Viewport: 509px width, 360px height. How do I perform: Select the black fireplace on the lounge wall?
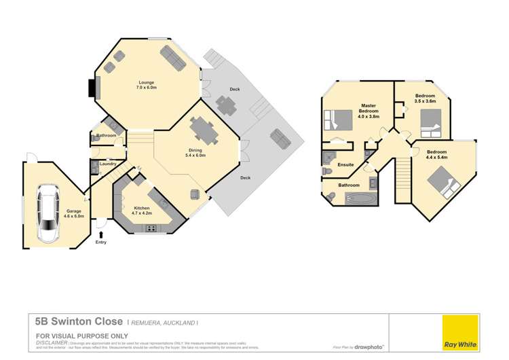pyautogui.click(x=92, y=88)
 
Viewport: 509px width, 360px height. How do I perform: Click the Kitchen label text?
pyautogui.click(x=141, y=207)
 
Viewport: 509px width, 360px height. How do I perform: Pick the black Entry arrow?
pyautogui.click(x=101, y=234)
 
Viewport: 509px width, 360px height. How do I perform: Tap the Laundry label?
pyautogui.click(x=107, y=164)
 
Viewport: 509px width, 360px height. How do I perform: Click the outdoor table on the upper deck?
pyautogui.click(x=226, y=105)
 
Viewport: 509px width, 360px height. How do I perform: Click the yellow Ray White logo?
pyautogui.click(x=460, y=332)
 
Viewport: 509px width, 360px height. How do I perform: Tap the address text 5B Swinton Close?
pyautogui.click(x=79, y=321)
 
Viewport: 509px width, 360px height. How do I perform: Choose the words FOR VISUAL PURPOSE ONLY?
pyautogui.click(x=72, y=336)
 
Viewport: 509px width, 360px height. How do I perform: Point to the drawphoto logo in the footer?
pyautogui.click(x=371, y=347)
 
